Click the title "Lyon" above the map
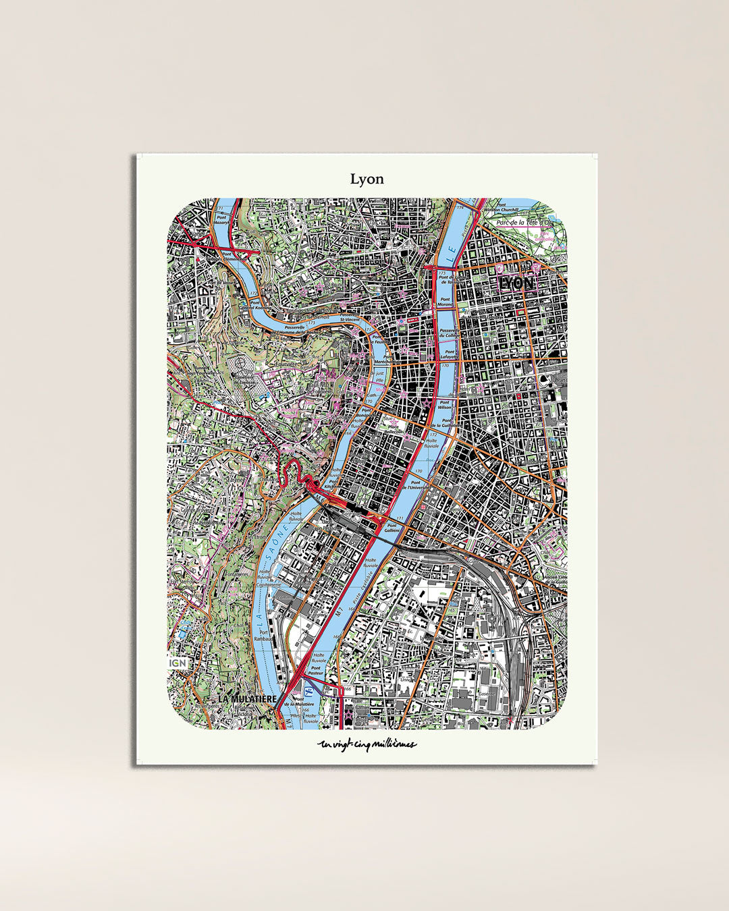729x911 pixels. click(x=367, y=179)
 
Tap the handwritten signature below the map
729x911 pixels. click(x=367, y=745)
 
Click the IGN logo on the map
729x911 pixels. click(x=178, y=663)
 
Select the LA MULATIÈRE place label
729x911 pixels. click(x=247, y=699)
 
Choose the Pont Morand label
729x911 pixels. click(x=445, y=302)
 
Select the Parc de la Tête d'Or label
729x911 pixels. click(x=524, y=223)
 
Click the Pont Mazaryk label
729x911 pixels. click(x=221, y=220)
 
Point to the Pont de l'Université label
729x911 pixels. click(x=414, y=485)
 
